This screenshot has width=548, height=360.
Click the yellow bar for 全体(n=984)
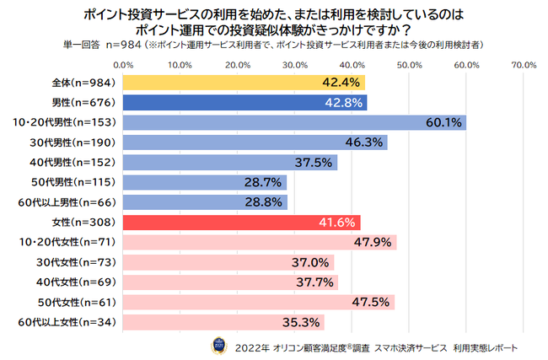(244, 83)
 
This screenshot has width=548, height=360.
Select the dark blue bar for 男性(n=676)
(245, 103)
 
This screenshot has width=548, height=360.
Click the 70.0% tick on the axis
(524, 64)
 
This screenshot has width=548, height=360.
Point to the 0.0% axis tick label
(124, 64)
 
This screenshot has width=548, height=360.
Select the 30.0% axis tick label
(295, 64)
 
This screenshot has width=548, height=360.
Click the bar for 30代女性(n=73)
(228, 262)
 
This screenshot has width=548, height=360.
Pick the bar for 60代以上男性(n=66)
(206, 202)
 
